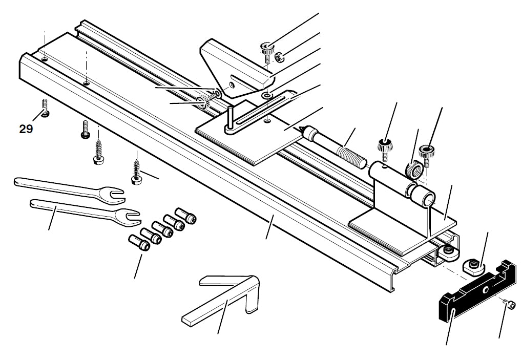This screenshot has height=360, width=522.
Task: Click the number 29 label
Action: (x=26, y=129)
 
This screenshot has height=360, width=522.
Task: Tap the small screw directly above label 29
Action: (x=45, y=108)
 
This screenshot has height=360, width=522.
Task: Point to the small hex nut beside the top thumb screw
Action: (x=280, y=57)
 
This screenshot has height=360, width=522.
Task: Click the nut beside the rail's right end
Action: (x=472, y=265)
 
